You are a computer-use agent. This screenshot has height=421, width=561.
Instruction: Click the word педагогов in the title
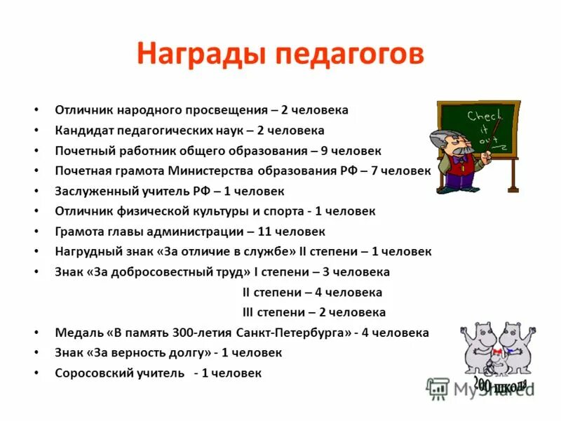pyautogui.click(x=349, y=55)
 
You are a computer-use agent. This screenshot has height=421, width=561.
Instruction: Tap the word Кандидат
pyautogui.click(x=84, y=131)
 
